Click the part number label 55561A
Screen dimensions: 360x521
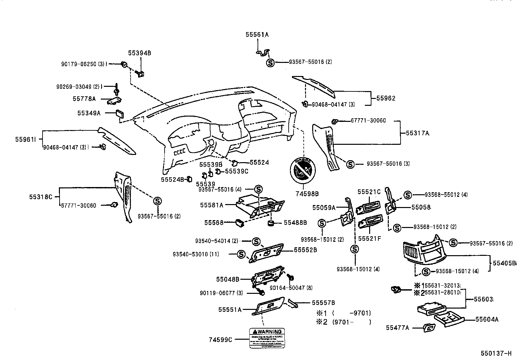pos(257,34)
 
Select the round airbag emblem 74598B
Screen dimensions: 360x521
pos(302,170)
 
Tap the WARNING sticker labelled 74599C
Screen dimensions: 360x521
pos(267,338)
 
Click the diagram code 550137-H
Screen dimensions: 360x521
pos(496,353)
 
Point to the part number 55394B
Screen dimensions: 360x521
pos(139,53)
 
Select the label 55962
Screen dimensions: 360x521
pos(386,98)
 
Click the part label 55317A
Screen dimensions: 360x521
pos(417,133)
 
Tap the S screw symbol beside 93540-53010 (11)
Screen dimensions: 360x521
pos(241,254)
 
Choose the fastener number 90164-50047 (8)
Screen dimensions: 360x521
pos(291,288)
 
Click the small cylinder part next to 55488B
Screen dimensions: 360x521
pos(271,223)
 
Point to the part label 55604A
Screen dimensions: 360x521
pos(487,319)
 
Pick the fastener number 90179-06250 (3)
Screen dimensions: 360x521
pos(84,64)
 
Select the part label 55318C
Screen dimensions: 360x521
pos(41,197)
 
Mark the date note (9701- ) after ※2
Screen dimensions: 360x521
pos(351,322)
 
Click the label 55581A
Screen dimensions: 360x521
pos(211,205)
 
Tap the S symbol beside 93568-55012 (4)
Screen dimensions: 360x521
pos(407,195)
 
